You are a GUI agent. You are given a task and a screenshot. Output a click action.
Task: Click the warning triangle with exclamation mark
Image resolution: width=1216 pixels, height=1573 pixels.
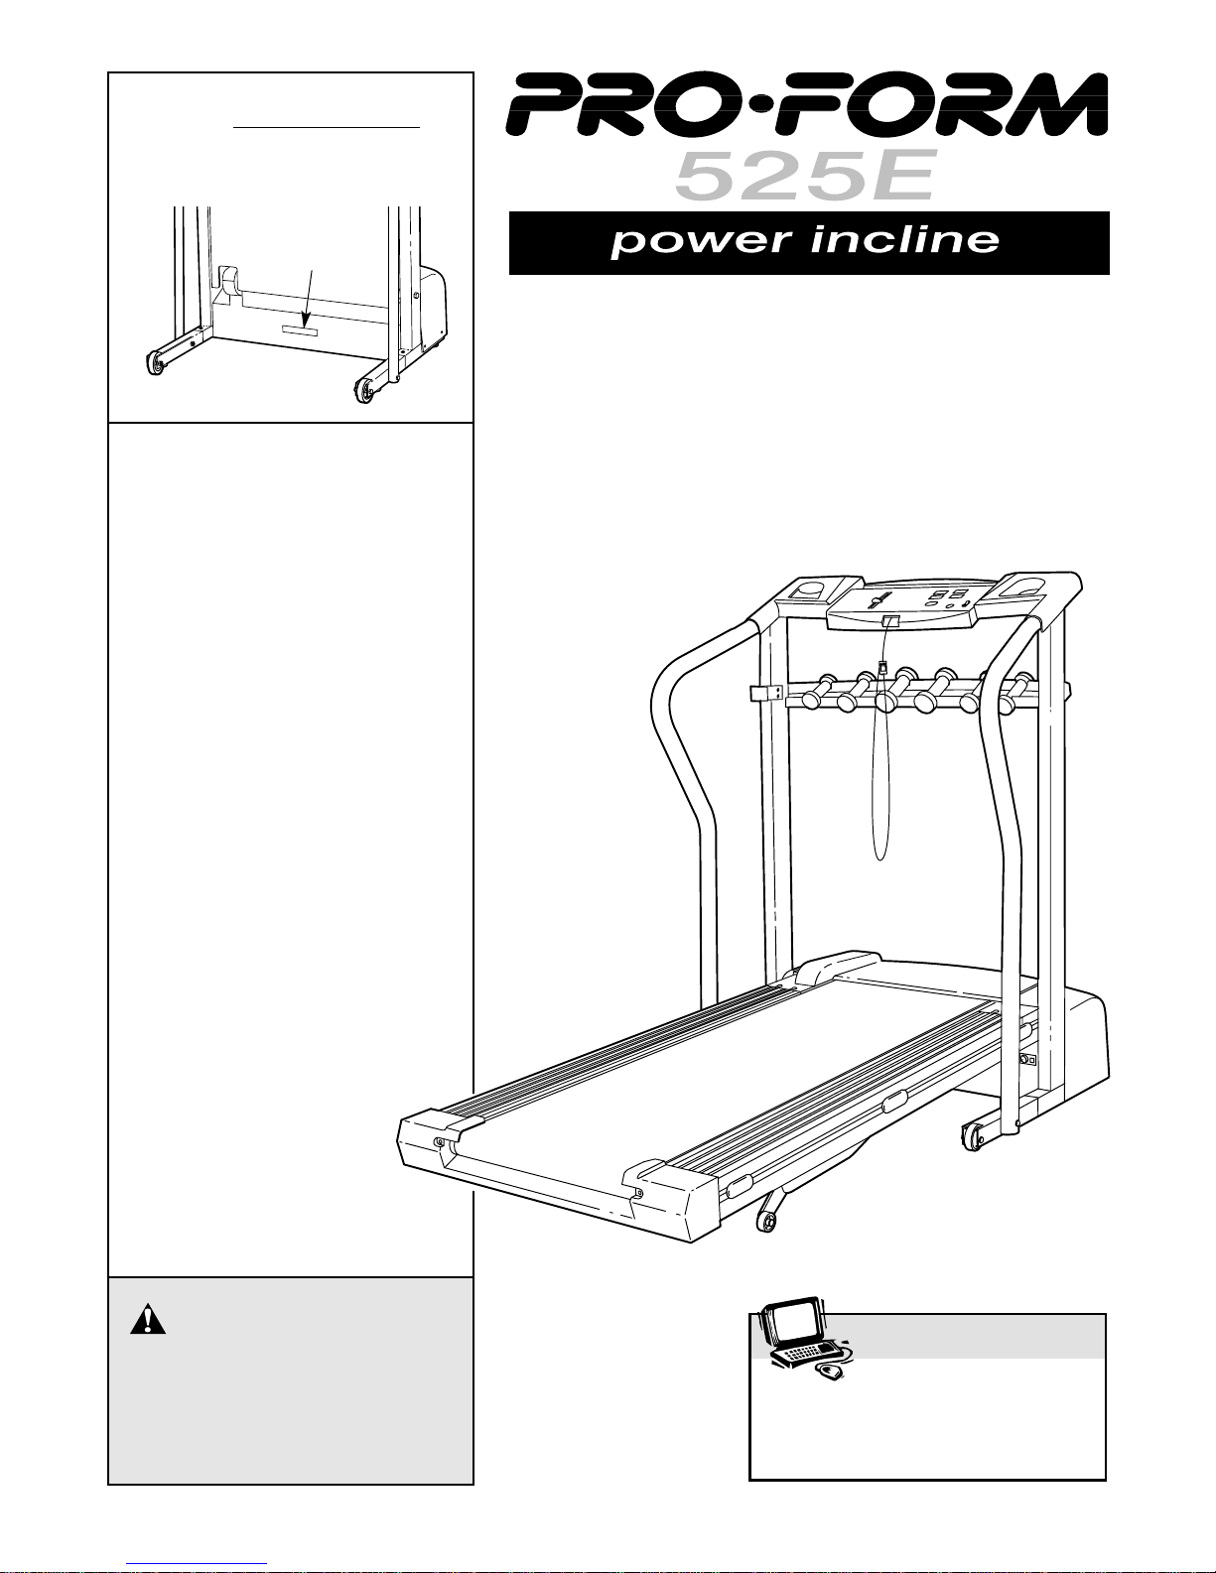[x=146, y=1319]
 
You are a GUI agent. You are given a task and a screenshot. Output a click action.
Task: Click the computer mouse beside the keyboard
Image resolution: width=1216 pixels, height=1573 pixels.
[x=829, y=1373]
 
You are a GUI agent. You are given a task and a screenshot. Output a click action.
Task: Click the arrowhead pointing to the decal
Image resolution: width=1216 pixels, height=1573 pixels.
[x=306, y=315]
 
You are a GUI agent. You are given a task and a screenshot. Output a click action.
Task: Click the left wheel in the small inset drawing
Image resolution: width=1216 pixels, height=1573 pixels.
[x=155, y=365]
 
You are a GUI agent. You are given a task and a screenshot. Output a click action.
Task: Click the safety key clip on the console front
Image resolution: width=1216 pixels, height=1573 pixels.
[x=889, y=621]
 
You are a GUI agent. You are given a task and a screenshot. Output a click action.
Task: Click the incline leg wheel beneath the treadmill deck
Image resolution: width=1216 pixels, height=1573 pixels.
[x=766, y=1220]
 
